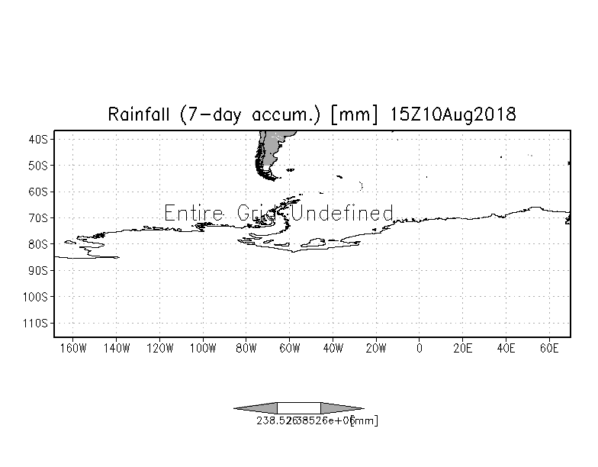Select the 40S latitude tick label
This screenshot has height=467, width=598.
(x=40, y=139)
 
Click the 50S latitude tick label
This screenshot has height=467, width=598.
(x=40, y=165)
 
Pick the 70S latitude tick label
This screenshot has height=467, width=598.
(x=40, y=217)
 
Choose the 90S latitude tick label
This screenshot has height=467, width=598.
(x=40, y=270)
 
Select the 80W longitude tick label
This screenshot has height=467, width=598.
(x=246, y=349)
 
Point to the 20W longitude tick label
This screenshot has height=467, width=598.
(x=375, y=349)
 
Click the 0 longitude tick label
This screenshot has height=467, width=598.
(x=419, y=349)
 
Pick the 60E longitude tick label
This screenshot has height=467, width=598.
(x=548, y=349)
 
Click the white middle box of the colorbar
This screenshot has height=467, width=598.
(x=298, y=408)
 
